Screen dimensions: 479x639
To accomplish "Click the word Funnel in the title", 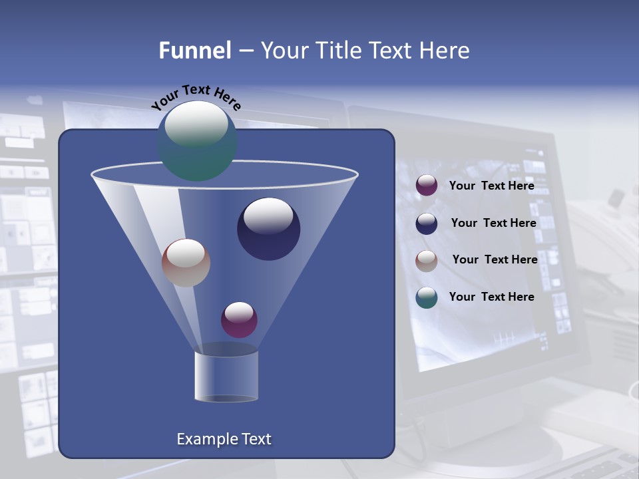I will (194, 51).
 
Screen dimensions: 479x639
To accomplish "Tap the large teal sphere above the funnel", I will (196, 141).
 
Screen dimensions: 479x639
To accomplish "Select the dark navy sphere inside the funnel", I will (268, 230).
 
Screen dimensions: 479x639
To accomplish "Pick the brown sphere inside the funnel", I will (186, 263).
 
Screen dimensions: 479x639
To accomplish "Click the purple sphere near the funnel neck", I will (239, 320).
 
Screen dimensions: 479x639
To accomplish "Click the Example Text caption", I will (224, 439).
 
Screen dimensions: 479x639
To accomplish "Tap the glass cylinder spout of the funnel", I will (226, 376).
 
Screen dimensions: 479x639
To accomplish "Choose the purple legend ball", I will (427, 186).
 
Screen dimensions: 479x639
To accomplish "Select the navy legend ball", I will (427, 224).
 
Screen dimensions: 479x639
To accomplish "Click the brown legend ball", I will (427, 261).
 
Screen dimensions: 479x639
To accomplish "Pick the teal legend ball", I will (427, 297).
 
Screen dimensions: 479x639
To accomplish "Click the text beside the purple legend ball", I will (491, 186).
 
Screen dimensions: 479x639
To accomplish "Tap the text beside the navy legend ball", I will (493, 223).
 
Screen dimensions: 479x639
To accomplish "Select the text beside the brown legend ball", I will (495, 259).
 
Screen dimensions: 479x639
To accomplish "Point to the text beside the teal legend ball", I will (491, 297).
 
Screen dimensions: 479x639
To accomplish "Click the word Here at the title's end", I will (443, 51).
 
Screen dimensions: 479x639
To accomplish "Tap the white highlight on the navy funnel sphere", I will (268, 216).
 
